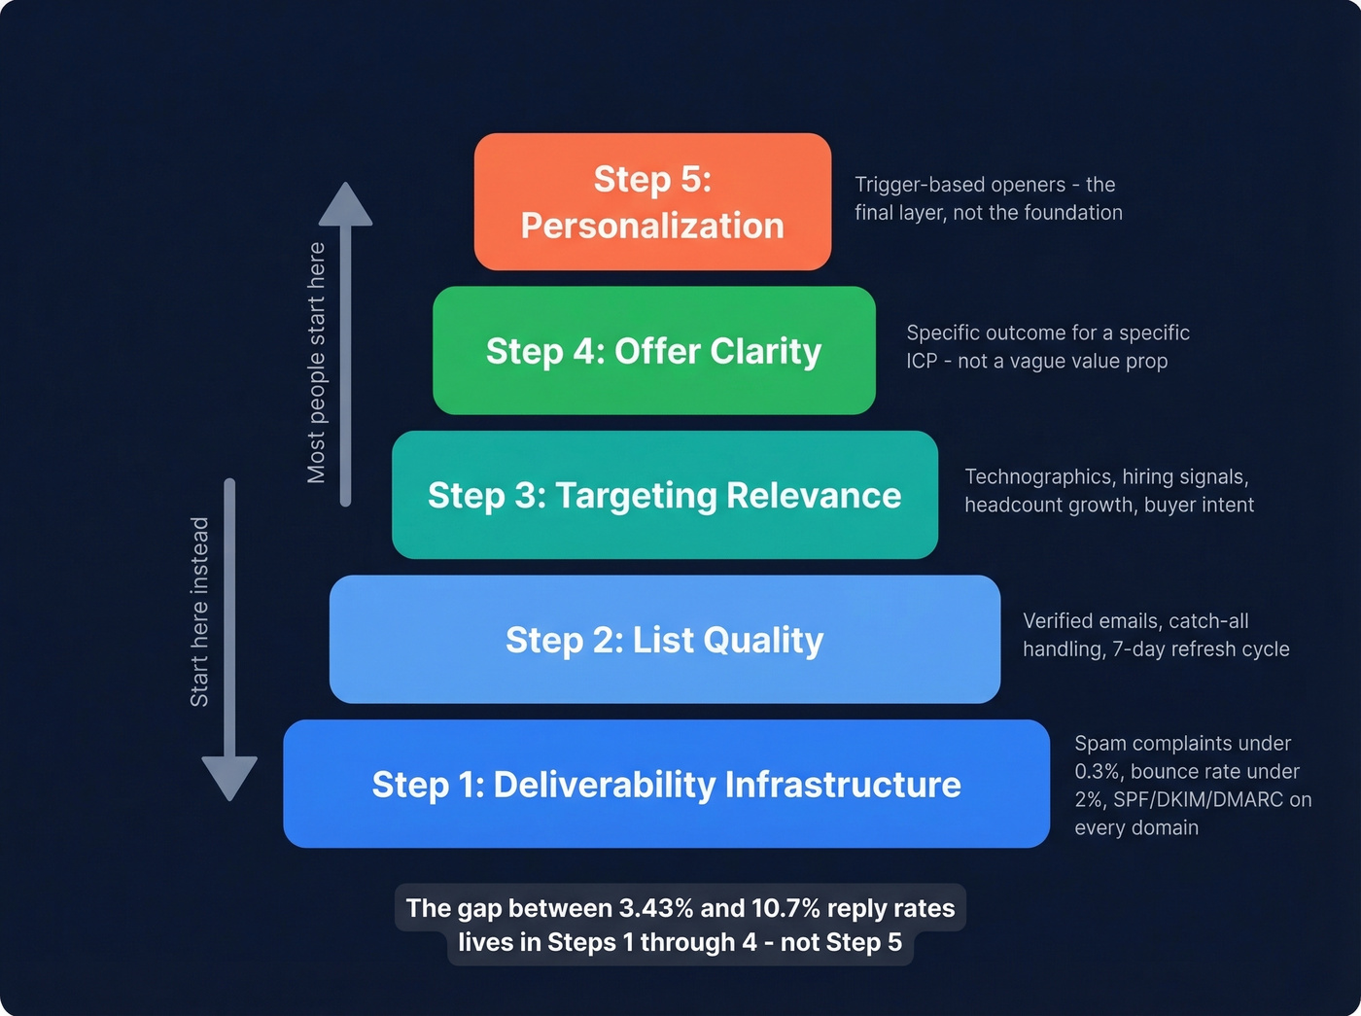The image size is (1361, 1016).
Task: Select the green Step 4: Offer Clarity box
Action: point(653,351)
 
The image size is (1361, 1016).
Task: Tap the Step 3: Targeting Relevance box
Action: point(664,495)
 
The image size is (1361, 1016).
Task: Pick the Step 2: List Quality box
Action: point(664,640)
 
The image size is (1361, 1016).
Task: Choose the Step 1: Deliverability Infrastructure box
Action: point(666,785)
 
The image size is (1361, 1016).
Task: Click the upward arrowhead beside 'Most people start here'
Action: point(345,205)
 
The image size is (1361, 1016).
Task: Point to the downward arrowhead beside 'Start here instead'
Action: point(229,777)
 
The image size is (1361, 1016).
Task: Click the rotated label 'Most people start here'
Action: point(316,363)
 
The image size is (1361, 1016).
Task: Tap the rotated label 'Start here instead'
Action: point(199,612)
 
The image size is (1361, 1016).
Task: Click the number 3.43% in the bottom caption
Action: point(656,908)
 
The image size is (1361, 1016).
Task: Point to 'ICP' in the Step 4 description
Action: point(922,361)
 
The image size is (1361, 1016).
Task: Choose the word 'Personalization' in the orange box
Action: point(652,226)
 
